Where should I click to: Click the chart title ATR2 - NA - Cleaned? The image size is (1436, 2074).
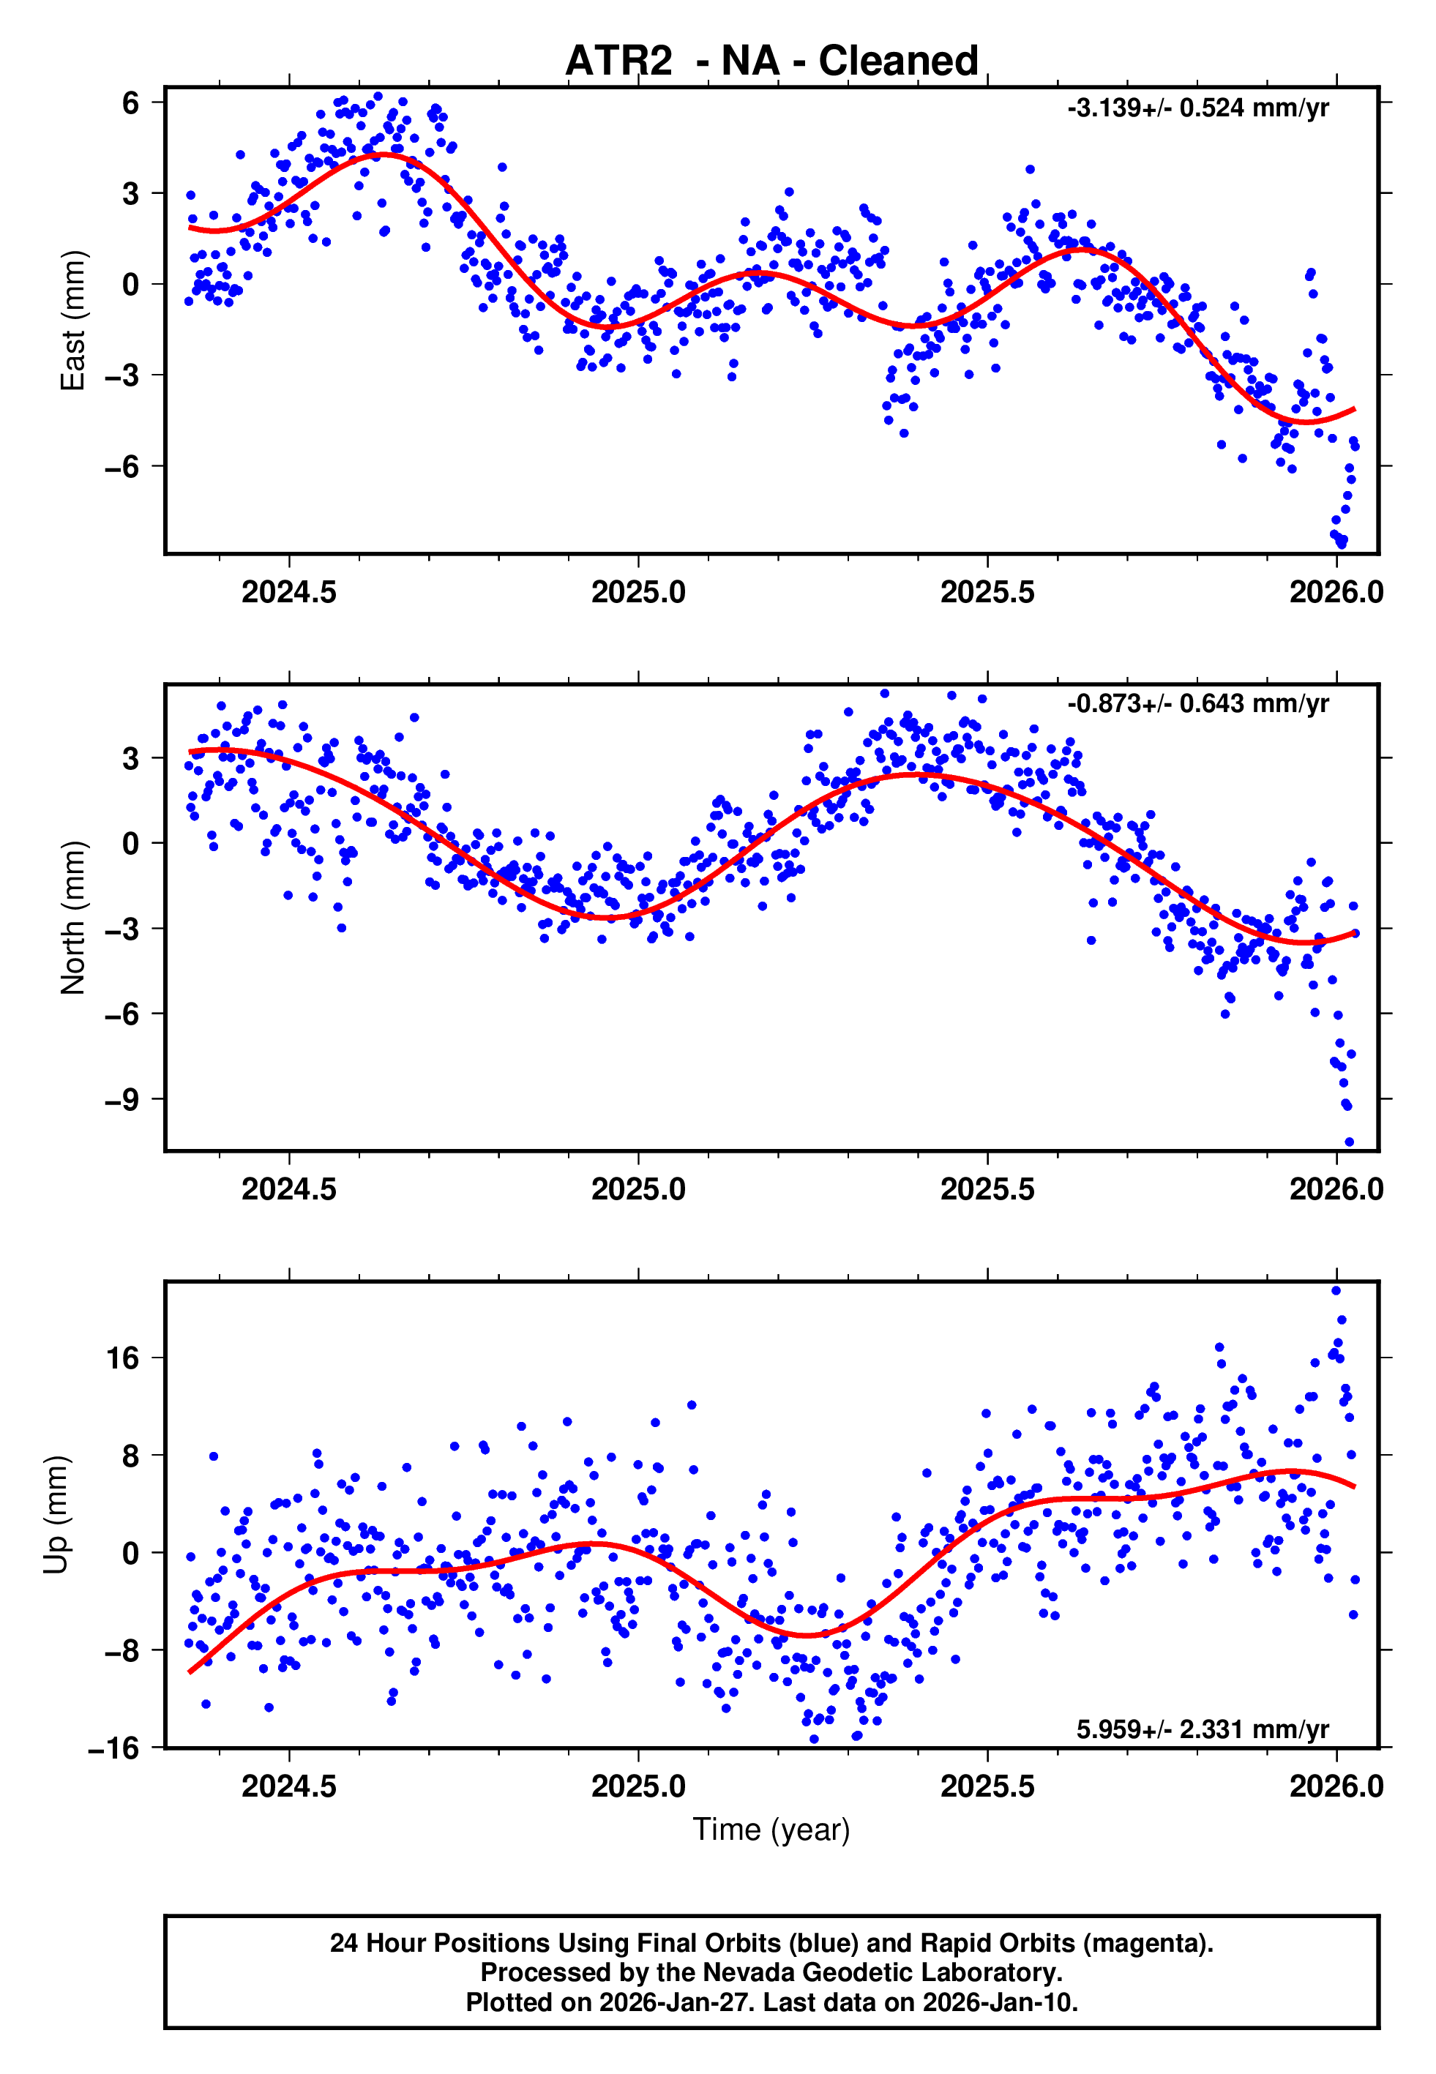pyautogui.click(x=771, y=61)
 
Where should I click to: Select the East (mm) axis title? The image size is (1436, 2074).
pyautogui.click(x=72, y=321)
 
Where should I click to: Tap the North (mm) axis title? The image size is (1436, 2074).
pyautogui.click(x=72, y=918)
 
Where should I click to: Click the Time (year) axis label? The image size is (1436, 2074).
pyautogui.click(x=771, y=1830)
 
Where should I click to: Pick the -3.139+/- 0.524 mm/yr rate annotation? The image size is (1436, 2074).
pyautogui.click(x=1197, y=109)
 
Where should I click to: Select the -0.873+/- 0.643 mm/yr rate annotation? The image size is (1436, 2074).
pyautogui.click(x=1197, y=703)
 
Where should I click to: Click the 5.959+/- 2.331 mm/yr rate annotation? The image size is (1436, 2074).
pyautogui.click(x=1202, y=1729)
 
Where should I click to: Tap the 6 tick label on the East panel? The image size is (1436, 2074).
pyautogui.click(x=131, y=102)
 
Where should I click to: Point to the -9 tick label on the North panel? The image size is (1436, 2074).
pyautogui.click(x=122, y=1099)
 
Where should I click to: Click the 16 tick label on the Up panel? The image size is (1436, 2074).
pyautogui.click(x=123, y=1358)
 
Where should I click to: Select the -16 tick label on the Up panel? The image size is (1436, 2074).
pyautogui.click(x=114, y=1748)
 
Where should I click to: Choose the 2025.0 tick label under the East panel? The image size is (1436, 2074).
pyautogui.click(x=638, y=593)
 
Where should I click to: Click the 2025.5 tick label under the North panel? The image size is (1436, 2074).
pyautogui.click(x=987, y=1190)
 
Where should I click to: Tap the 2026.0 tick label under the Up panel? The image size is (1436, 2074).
pyautogui.click(x=1336, y=1787)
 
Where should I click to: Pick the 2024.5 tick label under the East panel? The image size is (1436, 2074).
pyautogui.click(x=289, y=593)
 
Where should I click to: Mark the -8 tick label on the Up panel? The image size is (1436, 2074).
pyautogui.click(x=122, y=1651)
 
